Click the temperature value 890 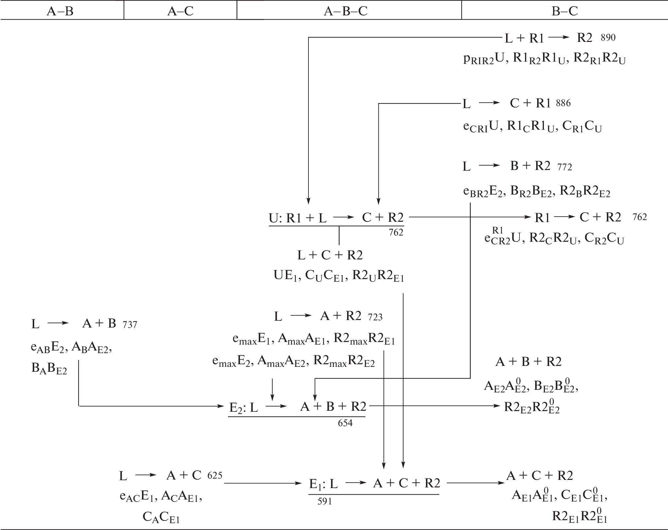pos(608,38)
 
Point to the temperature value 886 pos(563,103)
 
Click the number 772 pos(565,167)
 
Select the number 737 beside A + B pos(130,325)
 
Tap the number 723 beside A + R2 pos(375,317)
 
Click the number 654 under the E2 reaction pos(345,423)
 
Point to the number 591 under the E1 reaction pos(325,502)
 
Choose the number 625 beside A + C pos(215,475)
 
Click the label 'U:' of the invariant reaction pos(276,218)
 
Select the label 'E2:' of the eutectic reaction pos(237,407)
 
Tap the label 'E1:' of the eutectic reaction pos(316,484)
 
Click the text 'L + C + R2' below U pos(330,255)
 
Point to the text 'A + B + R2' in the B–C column pos(528,362)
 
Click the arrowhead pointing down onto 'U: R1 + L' pos(308,200)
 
